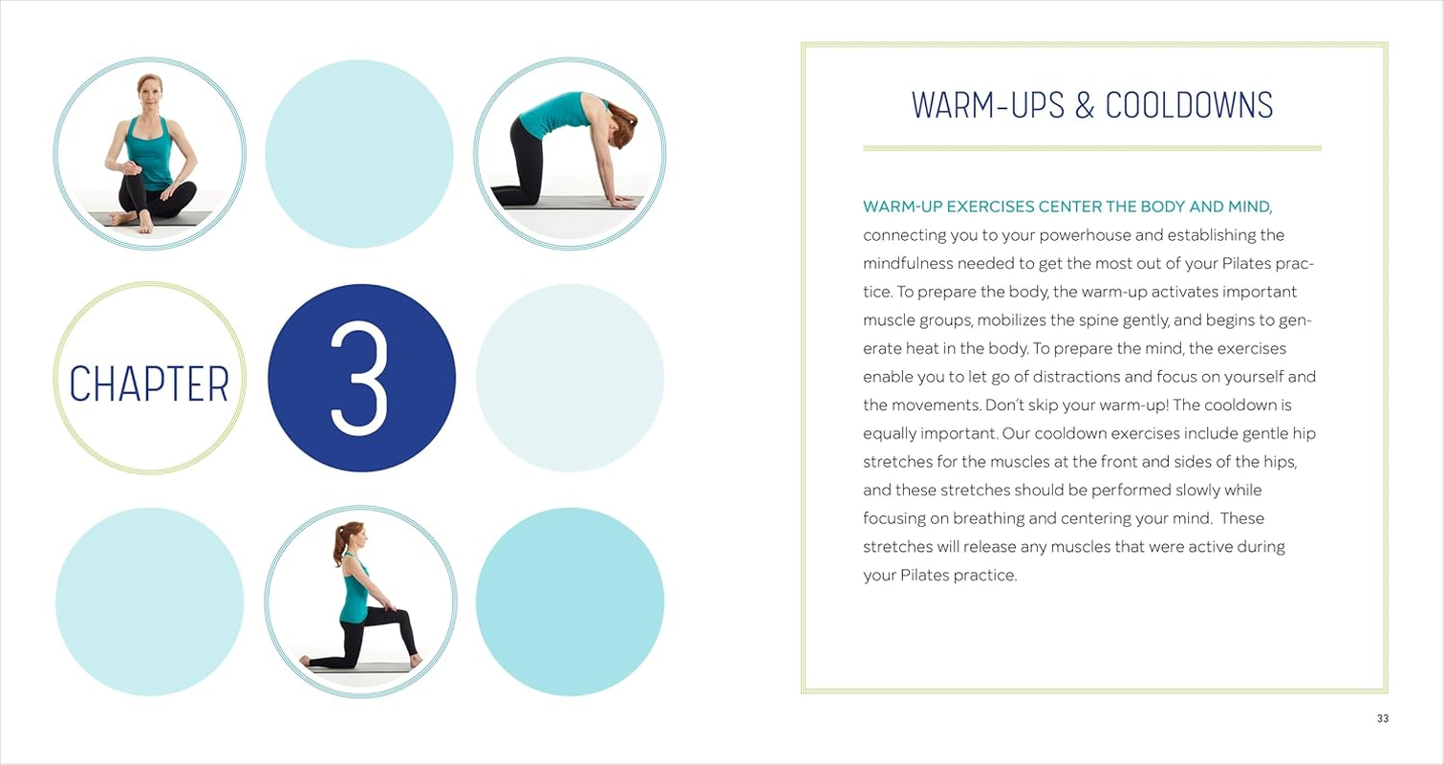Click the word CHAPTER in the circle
pos(149,383)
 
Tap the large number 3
pos(360,379)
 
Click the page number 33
pos(1382,719)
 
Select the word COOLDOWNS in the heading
pos(1189,105)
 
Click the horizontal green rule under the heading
pos(1091,148)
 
